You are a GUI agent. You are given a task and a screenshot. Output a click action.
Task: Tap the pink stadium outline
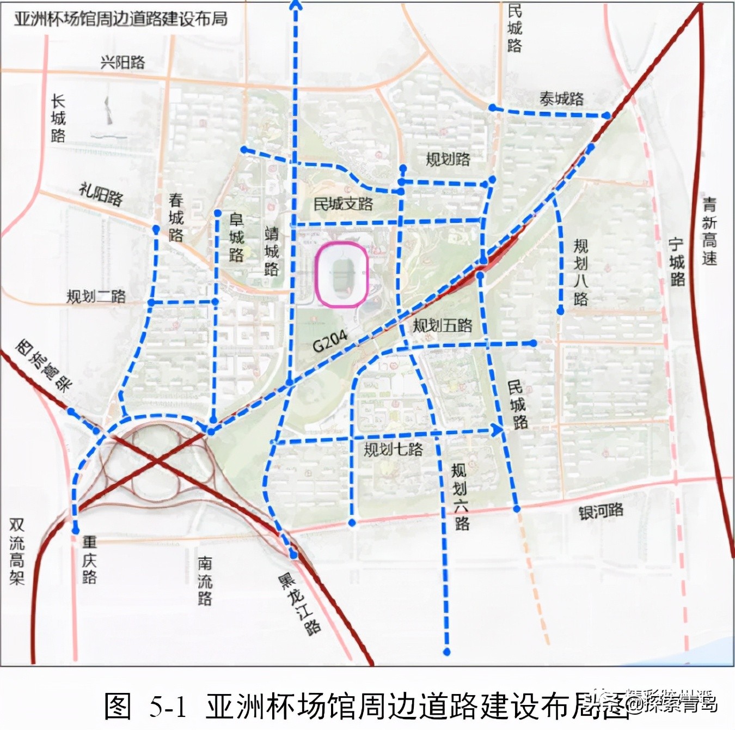[342, 275]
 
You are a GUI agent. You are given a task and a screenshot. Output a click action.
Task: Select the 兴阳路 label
[123, 62]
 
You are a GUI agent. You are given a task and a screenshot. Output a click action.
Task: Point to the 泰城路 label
[561, 99]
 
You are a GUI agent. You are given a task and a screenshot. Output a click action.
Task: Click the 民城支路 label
[343, 204]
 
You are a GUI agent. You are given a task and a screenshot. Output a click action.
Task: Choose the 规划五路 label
[442, 326]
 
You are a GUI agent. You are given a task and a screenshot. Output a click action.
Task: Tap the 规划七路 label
[393, 449]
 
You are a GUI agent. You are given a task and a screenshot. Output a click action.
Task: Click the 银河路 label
[601, 512]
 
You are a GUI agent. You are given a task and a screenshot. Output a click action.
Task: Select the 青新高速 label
[709, 232]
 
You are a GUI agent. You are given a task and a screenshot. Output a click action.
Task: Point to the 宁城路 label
[677, 262]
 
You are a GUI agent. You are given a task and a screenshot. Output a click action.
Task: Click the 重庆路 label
[89, 559]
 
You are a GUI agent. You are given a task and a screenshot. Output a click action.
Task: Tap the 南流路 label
[205, 581]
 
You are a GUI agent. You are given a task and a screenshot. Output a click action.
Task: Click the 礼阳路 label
[101, 194]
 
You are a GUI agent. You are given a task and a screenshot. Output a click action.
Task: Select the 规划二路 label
[96, 296]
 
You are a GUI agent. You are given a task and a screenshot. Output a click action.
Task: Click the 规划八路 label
[580, 272]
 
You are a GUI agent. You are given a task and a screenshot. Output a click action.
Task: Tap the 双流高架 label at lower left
[17, 551]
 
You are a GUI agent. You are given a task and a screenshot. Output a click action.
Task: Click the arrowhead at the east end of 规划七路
[497, 429]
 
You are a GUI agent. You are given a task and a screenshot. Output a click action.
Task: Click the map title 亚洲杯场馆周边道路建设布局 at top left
[120, 19]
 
